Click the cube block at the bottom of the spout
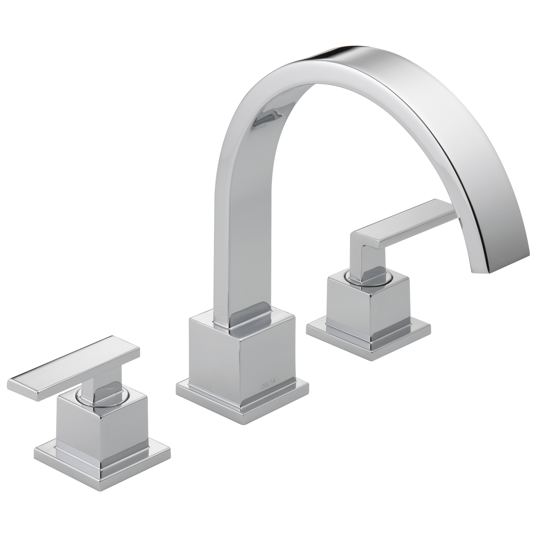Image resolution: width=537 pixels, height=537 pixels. point(242,356)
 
